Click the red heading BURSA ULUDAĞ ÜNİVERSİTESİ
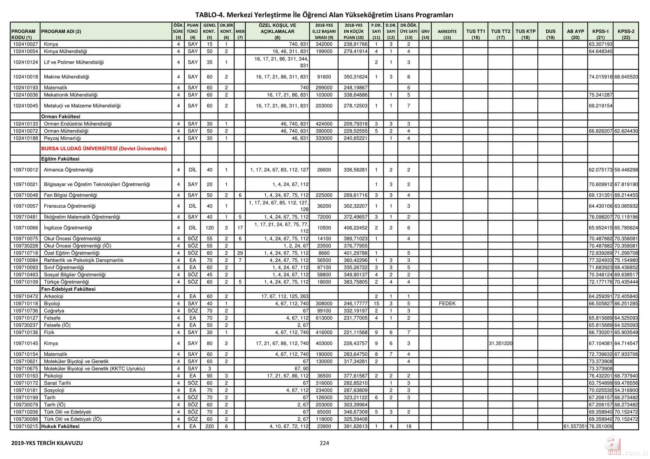104,149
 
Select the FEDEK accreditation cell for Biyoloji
447,304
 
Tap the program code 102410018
25,77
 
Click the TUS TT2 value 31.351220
501,343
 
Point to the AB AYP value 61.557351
575,426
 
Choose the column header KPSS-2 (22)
626,34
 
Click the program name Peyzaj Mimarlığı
63,138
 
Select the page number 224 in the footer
324,443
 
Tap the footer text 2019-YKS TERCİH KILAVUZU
47,443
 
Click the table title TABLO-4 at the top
324,15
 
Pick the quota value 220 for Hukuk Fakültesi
209,426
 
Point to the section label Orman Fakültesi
61,117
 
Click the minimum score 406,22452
355,228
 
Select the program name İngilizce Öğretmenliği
68,228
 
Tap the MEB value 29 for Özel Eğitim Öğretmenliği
240,253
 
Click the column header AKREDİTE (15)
447,34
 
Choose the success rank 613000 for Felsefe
324,318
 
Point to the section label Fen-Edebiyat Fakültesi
68,289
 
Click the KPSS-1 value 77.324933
600,260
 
